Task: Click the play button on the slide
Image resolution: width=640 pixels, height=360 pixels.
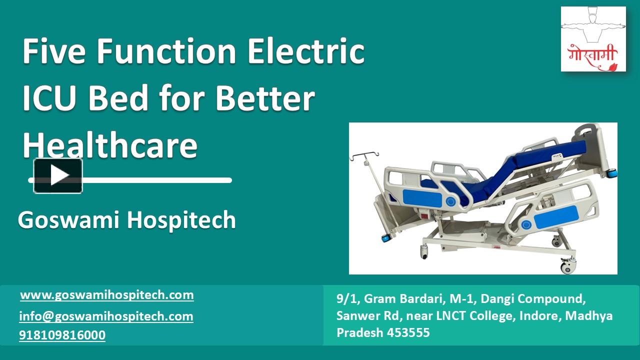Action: click(58, 175)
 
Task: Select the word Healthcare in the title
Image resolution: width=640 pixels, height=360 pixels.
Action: click(110, 144)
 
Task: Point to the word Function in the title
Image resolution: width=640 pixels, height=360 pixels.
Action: click(167, 51)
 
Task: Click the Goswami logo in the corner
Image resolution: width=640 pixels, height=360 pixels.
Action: click(593, 39)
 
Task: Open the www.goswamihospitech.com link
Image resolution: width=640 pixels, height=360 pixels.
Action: click(107, 295)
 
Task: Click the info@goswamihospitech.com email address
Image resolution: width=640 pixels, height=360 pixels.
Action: click(106, 316)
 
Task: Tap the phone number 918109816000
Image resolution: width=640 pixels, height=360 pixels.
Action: click(62, 335)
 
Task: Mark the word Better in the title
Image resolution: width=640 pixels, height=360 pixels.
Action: click(265, 98)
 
